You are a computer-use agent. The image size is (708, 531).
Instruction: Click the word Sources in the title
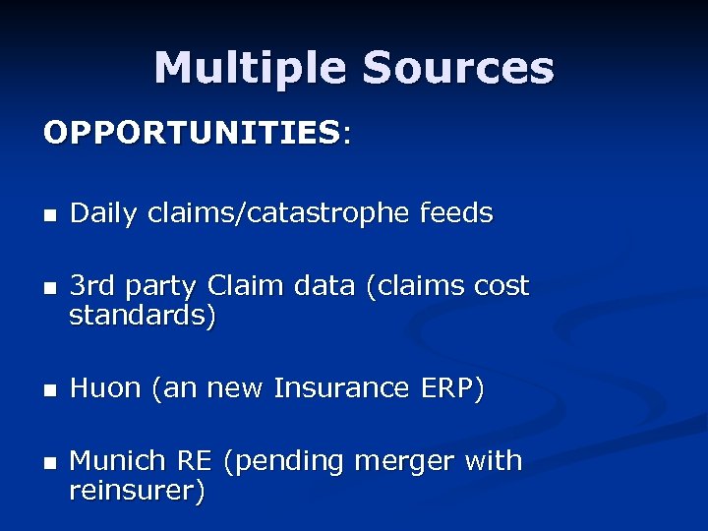[x=458, y=69]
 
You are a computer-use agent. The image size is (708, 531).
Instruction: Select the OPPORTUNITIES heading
[x=193, y=132]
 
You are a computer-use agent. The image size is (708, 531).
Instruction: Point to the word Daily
[x=103, y=213]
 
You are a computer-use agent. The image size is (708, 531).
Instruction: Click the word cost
[x=501, y=286]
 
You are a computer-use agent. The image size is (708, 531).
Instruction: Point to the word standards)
[x=143, y=316]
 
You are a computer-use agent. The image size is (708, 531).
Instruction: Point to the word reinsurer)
[x=137, y=491]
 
